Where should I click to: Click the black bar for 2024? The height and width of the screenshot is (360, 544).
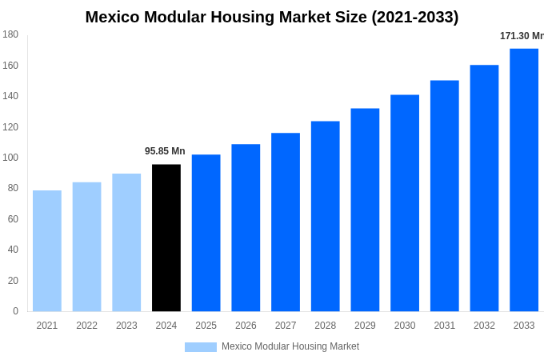click(166, 238)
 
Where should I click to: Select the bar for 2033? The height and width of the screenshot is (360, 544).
click(524, 180)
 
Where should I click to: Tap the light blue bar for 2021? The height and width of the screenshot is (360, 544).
click(47, 250)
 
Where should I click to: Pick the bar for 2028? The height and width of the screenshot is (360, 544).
click(325, 216)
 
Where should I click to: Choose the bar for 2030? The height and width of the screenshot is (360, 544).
click(405, 203)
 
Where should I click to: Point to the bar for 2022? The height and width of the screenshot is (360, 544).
click(86, 246)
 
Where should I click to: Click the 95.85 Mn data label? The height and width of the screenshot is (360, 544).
click(165, 151)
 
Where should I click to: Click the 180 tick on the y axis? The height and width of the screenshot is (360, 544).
click(10, 34)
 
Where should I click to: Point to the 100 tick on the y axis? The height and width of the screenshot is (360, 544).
click(10, 158)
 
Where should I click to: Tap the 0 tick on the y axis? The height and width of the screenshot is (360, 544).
click(15, 311)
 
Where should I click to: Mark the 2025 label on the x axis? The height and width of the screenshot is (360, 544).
click(206, 326)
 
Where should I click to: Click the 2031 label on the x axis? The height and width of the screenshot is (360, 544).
click(444, 326)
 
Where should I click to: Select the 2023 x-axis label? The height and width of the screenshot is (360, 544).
click(126, 326)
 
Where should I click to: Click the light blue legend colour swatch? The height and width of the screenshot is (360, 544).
click(200, 347)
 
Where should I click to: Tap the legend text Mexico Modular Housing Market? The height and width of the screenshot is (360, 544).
click(290, 346)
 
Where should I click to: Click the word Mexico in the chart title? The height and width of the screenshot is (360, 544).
click(114, 17)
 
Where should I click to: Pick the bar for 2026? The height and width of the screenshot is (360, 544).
click(246, 227)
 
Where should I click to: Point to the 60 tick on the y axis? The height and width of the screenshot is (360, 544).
click(13, 219)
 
